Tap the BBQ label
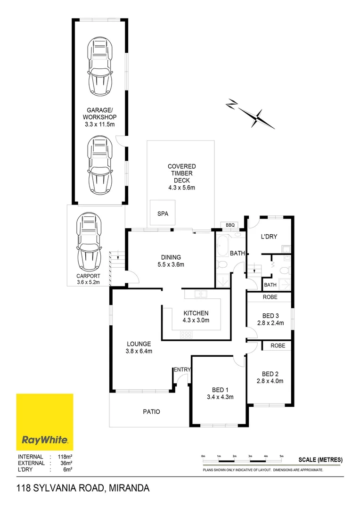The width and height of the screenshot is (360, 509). tap(230, 225)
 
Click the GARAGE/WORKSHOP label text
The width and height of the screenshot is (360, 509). tap(99, 117)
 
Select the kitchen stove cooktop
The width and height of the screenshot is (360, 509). tap(187, 335)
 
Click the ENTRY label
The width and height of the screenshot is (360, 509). tap(182, 369)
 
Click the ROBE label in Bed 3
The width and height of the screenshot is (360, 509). tap(270, 297)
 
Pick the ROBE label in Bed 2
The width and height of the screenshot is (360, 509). tap(277, 345)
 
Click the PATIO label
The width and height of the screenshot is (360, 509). tap(151, 411)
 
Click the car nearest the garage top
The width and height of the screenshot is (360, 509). tap(99, 66)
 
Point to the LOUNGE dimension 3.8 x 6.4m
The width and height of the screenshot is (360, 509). tap(138, 351)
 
